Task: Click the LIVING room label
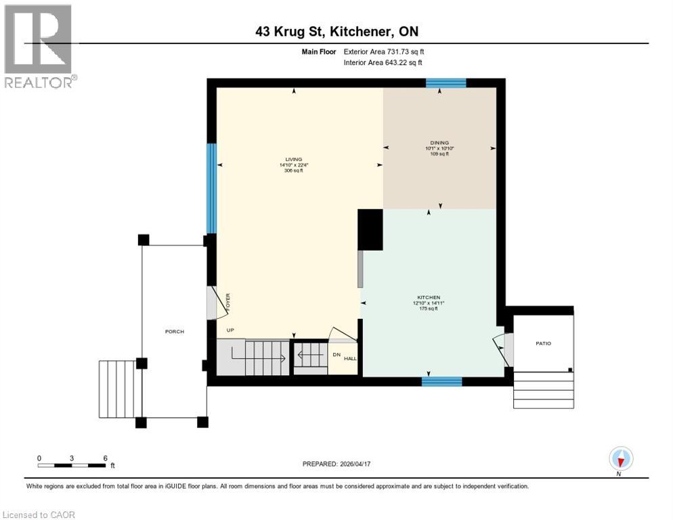point(294,159)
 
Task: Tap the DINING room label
point(439,143)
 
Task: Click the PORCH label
point(174,331)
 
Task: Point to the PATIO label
point(543,343)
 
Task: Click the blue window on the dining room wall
point(446,83)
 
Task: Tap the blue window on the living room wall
point(211,188)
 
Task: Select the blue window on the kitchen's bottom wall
point(441,381)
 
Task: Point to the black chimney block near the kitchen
point(370,230)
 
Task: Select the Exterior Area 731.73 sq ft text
point(384,51)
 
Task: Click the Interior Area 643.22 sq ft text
point(384,63)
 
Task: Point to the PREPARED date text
point(336,464)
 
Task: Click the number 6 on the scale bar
point(105,458)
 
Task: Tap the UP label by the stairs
point(231,330)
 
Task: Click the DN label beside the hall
point(336,354)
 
